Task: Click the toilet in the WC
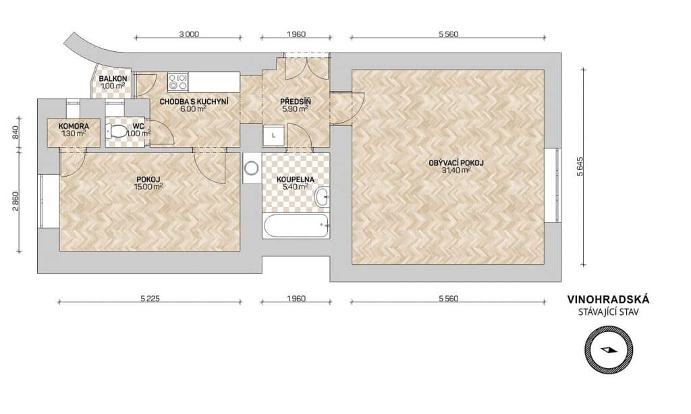coord(115,131)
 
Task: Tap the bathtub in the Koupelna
coord(296,227)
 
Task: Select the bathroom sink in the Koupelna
coord(322,196)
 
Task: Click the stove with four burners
coord(178,82)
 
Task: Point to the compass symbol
coord(609,350)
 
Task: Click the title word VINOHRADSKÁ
coord(608,299)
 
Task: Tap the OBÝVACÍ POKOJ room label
coord(456,163)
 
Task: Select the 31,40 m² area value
coord(456,171)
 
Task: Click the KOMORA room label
coord(74,126)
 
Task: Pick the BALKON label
coord(113,79)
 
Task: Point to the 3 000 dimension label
coord(189,34)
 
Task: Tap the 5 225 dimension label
coord(150,299)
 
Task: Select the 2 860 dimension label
coord(16,202)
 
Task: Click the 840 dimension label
coord(16,131)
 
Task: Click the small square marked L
coord(274,136)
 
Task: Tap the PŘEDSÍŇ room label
coord(296,102)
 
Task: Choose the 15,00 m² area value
coord(148,187)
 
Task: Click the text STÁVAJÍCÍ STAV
coord(608,312)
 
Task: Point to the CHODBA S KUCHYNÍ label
coord(194,102)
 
